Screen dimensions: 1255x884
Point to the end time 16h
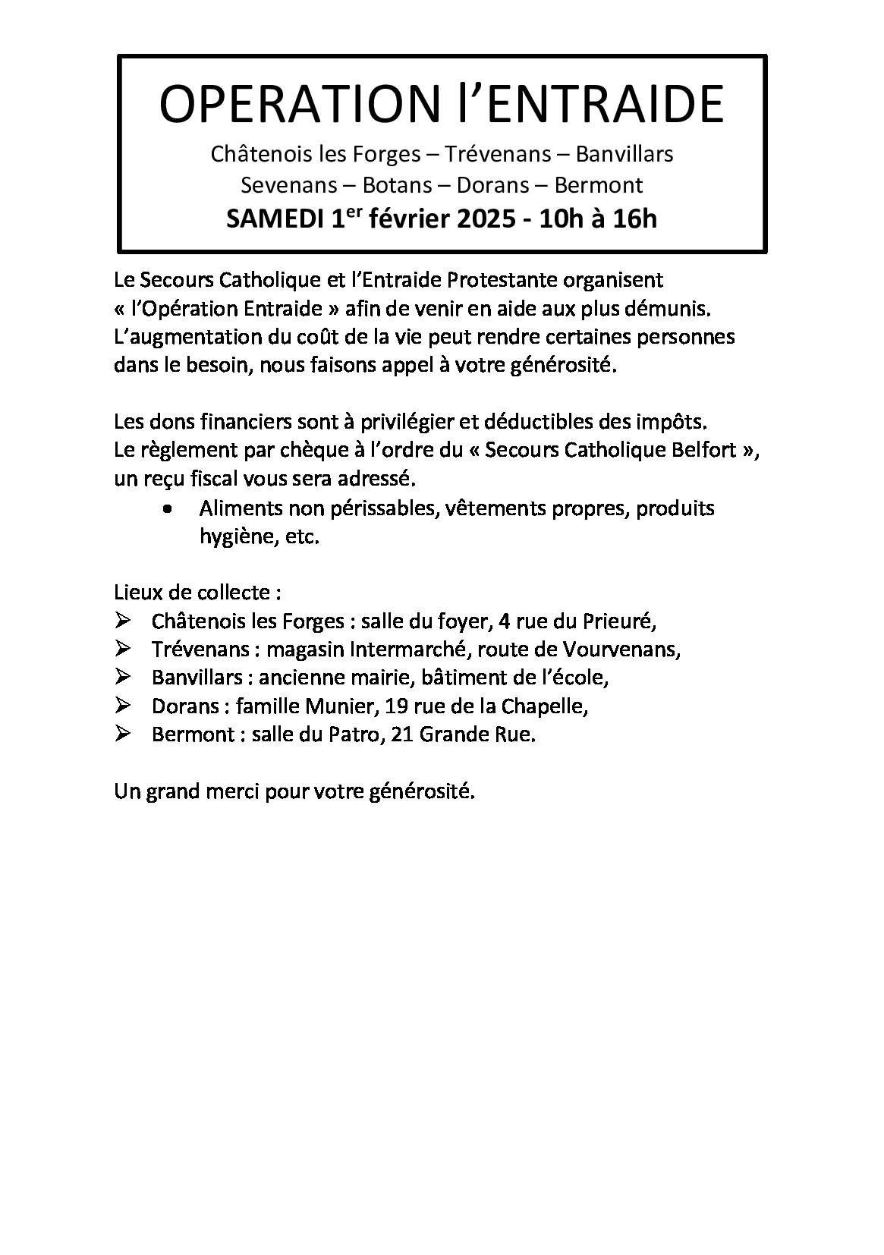pos(634,220)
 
